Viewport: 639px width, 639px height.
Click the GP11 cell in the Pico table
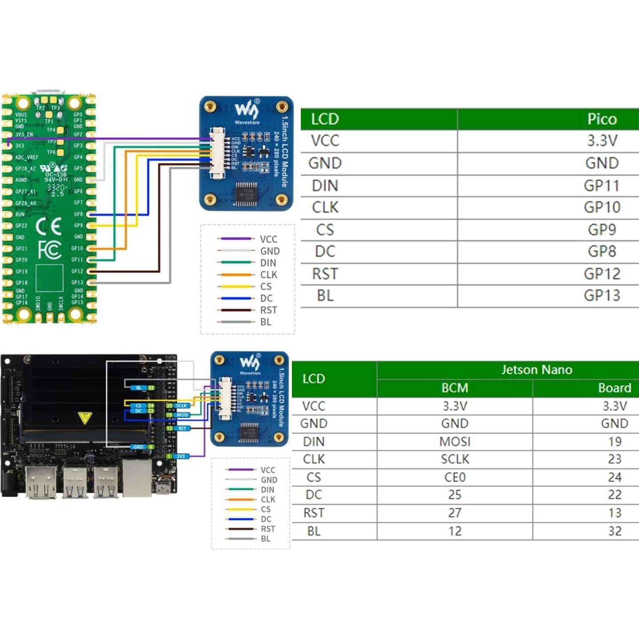click(601, 186)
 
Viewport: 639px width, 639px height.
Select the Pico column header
click(602, 119)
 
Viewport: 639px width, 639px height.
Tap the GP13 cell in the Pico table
click(602, 295)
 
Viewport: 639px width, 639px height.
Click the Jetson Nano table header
click(536, 370)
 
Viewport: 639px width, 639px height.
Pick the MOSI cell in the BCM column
click(454, 441)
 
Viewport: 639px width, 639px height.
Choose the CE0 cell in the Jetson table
click(454, 477)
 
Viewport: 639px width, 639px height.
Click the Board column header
click(614, 388)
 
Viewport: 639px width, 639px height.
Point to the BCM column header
click(454, 388)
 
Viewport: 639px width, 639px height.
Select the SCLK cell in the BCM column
click(454, 459)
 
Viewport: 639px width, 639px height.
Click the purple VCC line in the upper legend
click(235, 239)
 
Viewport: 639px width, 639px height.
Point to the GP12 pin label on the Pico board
click(77, 271)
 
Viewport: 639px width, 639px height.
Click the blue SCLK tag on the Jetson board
click(181, 406)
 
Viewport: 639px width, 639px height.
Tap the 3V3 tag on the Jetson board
click(180, 457)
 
